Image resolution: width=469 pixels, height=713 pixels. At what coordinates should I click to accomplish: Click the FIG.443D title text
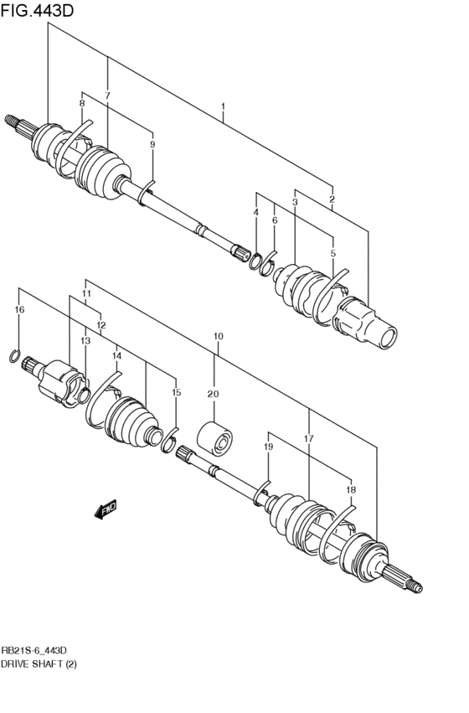[x=37, y=10]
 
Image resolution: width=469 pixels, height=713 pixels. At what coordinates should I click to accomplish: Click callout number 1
[x=223, y=106]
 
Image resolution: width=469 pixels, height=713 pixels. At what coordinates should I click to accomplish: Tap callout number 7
[x=107, y=96]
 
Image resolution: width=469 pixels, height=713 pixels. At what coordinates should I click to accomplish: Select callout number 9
[x=152, y=145]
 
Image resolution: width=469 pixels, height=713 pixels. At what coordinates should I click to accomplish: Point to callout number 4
[x=256, y=212]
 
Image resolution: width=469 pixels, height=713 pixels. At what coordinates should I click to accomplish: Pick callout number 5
[x=333, y=253]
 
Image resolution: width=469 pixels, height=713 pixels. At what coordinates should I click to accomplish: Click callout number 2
[x=332, y=199]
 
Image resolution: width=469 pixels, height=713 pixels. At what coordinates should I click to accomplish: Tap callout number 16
[x=19, y=310]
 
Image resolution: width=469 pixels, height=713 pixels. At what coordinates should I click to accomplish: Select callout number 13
[x=85, y=341]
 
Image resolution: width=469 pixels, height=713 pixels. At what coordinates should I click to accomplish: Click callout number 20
[x=213, y=395]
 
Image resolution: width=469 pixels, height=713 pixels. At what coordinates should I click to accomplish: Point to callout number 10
[x=218, y=337]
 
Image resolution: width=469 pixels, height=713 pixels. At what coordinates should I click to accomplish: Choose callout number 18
[x=351, y=490]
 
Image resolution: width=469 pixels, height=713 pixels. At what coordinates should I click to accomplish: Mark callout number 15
[x=177, y=392]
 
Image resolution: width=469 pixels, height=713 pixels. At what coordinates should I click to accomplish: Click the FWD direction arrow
[x=106, y=509]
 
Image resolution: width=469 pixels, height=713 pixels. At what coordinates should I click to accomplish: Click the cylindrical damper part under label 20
[x=214, y=438]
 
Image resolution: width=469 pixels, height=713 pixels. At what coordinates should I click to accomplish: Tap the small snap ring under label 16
[x=14, y=356]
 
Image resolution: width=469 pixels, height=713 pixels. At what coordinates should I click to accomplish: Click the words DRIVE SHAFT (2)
[x=39, y=664]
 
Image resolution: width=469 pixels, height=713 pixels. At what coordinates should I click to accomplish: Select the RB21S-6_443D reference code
[x=34, y=651]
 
